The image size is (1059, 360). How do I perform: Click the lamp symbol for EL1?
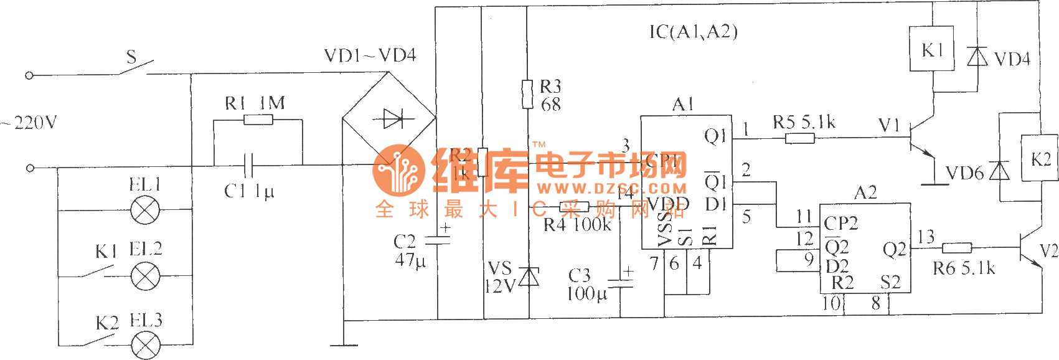(146, 211)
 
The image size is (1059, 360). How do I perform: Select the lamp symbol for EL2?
(146, 275)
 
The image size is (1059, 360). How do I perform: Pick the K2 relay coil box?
(1039, 158)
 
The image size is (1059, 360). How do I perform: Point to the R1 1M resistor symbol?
(258, 120)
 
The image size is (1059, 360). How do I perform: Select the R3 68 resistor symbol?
(527, 93)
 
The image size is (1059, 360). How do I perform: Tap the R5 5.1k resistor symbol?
(799, 137)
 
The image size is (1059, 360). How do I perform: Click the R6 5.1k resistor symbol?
(957, 248)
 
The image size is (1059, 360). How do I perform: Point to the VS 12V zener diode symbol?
(529, 276)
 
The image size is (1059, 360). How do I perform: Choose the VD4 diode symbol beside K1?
(977, 57)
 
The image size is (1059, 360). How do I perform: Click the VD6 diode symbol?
(999, 171)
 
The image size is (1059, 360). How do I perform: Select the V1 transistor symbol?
(918, 138)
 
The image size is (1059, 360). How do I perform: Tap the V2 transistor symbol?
(1028, 249)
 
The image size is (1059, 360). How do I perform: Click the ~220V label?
(29, 122)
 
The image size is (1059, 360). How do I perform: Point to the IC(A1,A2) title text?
(693, 32)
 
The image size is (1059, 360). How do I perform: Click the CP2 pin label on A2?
(840, 223)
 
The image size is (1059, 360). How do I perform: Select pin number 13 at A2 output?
(926, 237)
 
